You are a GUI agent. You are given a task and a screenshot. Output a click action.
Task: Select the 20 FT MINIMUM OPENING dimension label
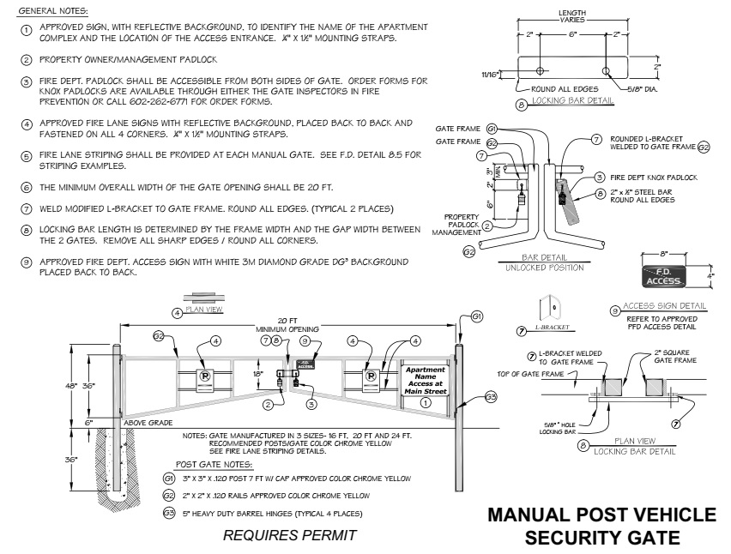[293, 325]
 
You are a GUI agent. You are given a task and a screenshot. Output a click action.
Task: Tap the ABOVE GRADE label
[148, 423]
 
